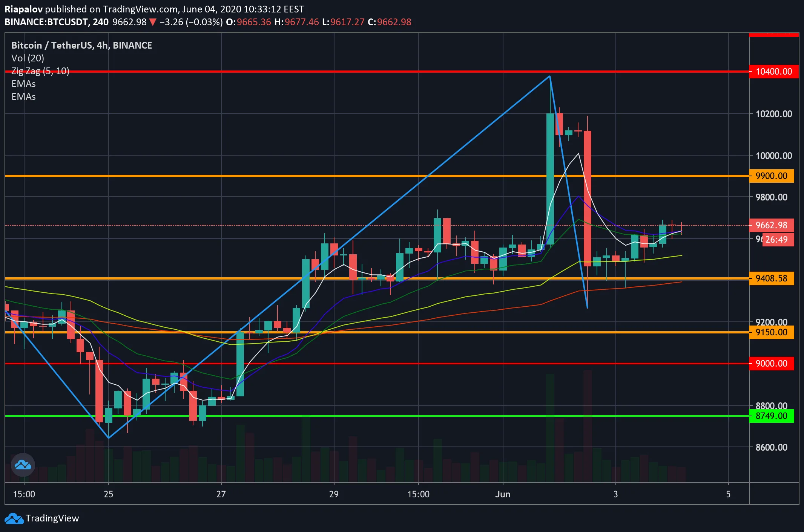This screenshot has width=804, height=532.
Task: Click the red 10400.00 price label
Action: [x=773, y=72]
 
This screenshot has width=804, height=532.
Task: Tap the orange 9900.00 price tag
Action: [x=771, y=176]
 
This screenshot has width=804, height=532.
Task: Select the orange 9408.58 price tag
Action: [x=771, y=278]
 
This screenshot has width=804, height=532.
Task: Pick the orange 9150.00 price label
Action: [x=771, y=332]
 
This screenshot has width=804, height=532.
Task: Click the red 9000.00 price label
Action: [x=771, y=364]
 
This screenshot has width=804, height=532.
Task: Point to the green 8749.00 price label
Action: [x=771, y=416]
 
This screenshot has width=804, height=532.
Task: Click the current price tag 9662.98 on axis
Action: [x=771, y=225]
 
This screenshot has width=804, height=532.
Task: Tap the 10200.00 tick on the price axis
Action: [x=773, y=114]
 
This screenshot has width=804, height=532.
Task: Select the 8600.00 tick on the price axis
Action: [x=771, y=447]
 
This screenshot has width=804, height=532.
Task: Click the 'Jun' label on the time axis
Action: [x=503, y=494]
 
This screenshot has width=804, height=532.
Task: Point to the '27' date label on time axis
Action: [x=221, y=494]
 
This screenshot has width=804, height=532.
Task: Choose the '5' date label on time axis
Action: [x=728, y=494]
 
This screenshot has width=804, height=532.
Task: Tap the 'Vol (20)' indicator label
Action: [x=28, y=58]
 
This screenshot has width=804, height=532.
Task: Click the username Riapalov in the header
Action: [x=23, y=9]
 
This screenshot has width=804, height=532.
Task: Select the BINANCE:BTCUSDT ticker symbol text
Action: [x=46, y=22]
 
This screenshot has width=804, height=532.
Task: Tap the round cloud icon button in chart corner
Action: [x=23, y=465]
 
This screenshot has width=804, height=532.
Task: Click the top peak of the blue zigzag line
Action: [x=550, y=76]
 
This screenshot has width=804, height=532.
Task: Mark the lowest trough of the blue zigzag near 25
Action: [x=109, y=438]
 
